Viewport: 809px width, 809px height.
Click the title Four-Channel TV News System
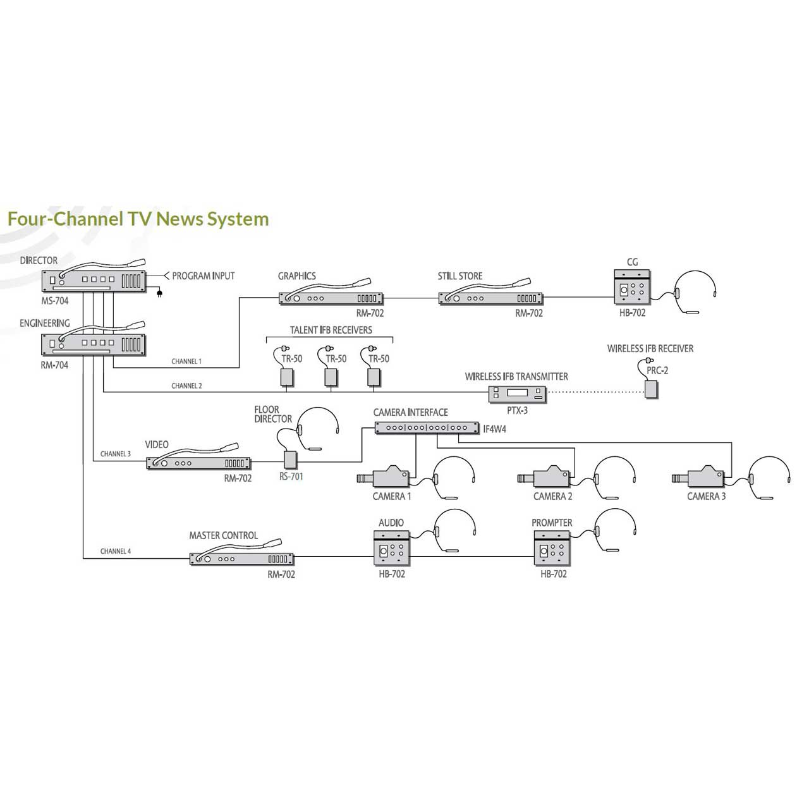[138, 219]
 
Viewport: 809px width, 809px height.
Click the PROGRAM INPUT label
[203, 276]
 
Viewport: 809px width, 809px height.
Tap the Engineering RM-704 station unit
[94, 344]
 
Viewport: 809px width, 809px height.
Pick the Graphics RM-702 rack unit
[331, 298]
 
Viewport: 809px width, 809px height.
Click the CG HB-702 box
[632, 287]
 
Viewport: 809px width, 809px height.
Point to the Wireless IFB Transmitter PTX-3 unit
[517, 394]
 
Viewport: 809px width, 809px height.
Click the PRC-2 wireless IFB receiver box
[651, 389]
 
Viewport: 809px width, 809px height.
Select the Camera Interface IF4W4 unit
[427, 428]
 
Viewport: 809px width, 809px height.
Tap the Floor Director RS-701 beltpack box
[291, 458]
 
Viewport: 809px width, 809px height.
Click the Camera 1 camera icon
[386, 478]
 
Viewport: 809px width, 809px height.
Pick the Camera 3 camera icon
[700, 478]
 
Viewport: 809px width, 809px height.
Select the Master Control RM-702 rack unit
[242, 559]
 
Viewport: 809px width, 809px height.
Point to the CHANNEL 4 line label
[116, 551]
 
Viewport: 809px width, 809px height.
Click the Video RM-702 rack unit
[198, 463]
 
